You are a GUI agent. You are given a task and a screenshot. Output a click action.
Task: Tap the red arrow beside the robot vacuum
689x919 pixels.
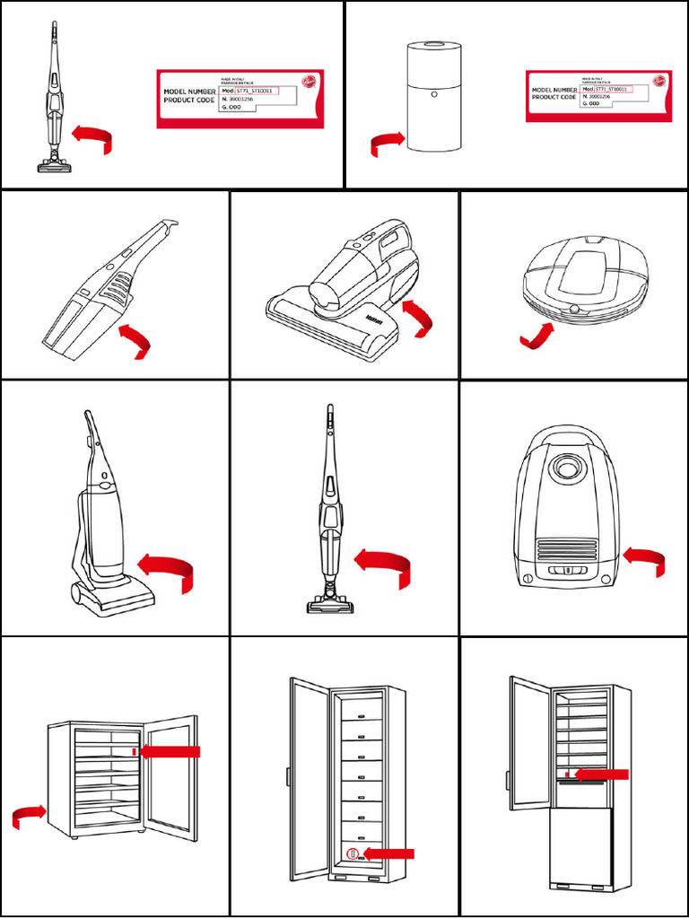click(x=536, y=337)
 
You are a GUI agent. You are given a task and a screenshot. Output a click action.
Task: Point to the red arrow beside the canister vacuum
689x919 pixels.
click(x=644, y=560)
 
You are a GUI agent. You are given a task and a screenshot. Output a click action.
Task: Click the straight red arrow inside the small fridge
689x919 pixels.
click(x=170, y=751)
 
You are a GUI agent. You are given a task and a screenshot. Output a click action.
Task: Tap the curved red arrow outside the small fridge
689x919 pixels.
click(x=29, y=814)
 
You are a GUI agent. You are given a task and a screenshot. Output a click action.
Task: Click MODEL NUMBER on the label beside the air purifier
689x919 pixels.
click(x=554, y=90)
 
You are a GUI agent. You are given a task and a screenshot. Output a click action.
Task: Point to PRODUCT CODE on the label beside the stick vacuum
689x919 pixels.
click(x=188, y=101)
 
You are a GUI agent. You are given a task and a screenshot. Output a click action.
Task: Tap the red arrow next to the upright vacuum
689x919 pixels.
click(x=166, y=572)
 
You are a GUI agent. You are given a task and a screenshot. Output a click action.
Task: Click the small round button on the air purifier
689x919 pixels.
click(x=432, y=92)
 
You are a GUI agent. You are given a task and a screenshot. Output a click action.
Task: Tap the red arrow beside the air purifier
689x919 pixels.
click(x=387, y=142)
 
